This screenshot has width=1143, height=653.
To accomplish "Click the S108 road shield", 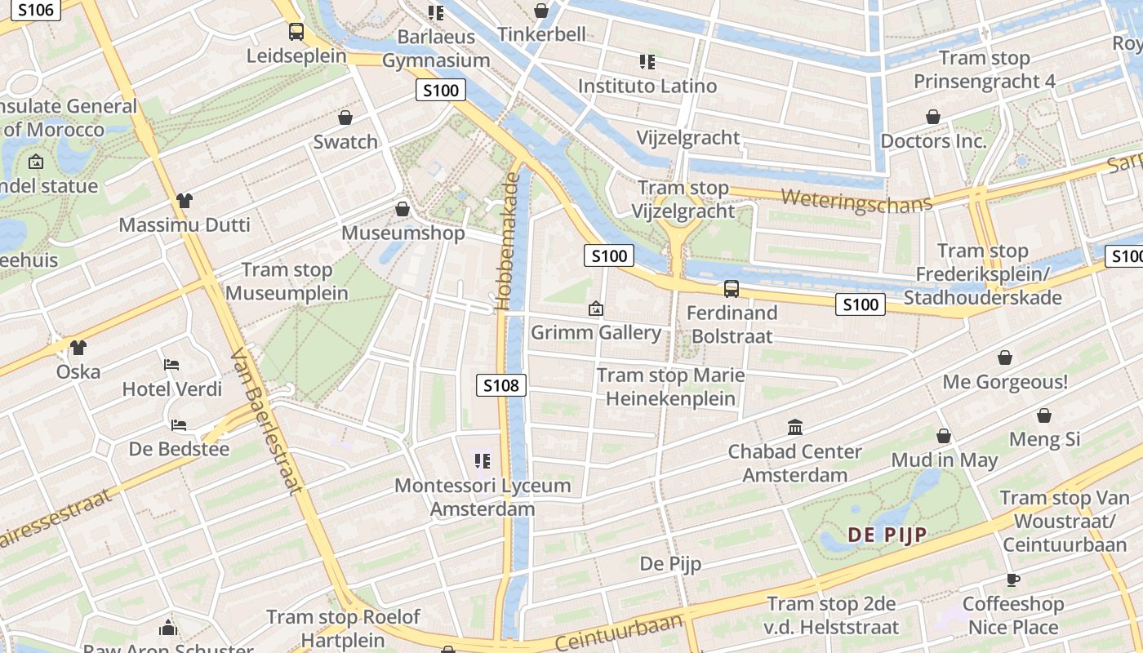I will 501,385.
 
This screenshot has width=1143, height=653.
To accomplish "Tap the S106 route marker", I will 35,10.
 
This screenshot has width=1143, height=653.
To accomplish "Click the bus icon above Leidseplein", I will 296,32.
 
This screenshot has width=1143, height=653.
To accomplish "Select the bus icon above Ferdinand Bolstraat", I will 732,288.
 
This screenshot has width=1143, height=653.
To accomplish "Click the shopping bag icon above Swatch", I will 345,118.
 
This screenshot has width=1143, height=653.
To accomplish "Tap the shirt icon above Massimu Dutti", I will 184,200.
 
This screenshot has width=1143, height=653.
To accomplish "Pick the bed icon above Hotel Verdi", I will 171,364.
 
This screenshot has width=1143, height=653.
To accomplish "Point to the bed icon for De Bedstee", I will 179,424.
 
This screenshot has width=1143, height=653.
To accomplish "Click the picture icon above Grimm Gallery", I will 596,309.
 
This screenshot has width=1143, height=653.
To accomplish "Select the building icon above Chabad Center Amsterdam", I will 794,427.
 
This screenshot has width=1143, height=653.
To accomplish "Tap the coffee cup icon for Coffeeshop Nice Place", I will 1012,580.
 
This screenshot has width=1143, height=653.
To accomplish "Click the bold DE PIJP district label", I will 887,535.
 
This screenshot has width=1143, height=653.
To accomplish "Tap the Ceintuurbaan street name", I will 619,633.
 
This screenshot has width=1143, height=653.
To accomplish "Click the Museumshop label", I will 402,233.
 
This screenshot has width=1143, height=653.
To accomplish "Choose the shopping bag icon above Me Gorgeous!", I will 1005,358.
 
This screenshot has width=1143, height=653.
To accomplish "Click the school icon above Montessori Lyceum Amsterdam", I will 482,461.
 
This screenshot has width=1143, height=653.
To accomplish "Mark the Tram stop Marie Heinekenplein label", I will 670,387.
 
